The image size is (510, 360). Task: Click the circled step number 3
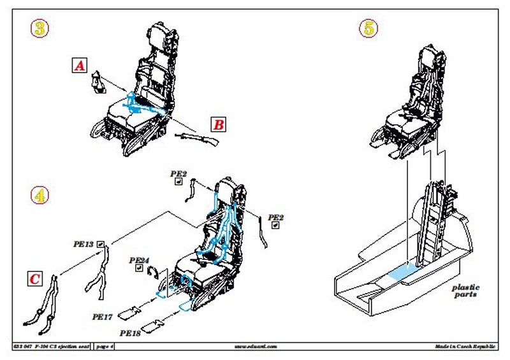coord(40,28)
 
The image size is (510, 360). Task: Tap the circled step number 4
coord(40,196)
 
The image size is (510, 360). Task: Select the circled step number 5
coord(368,28)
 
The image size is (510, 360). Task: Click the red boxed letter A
coord(78,65)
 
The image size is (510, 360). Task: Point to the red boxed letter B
coord(218,125)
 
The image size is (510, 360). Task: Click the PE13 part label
coord(84,244)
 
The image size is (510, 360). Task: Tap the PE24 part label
coord(139,261)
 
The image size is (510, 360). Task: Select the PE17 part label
coord(103,315)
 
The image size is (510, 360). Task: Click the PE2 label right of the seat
coord(276,218)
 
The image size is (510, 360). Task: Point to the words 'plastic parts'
coord(466,291)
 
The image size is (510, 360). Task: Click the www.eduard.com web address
coord(254,347)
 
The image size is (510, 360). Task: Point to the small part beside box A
coord(98,83)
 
